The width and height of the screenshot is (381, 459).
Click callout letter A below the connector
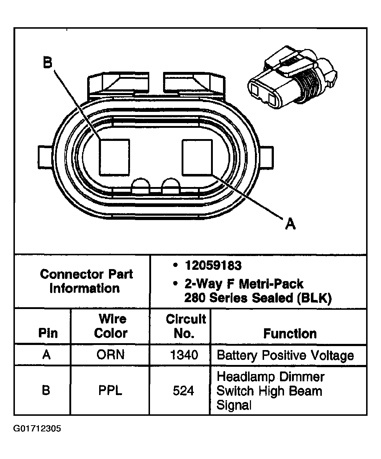[x=290, y=223]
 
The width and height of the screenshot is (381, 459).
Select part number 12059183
[x=213, y=266]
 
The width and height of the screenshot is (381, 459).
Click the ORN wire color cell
[x=110, y=355]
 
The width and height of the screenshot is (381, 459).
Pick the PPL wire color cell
[x=110, y=390]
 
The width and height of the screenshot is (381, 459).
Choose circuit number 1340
[x=184, y=355]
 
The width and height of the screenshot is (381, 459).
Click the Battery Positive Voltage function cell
[x=285, y=355]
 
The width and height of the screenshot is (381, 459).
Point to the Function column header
[x=290, y=333]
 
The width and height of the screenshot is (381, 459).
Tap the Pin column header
[x=48, y=333]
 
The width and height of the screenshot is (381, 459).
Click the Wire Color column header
[x=111, y=326]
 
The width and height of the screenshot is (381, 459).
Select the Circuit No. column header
[x=186, y=326]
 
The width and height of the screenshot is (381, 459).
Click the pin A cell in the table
[x=46, y=355]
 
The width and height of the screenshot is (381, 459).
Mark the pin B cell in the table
[x=46, y=390]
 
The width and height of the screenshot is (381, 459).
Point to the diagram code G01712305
[x=37, y=429]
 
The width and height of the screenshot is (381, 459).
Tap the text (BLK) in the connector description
[x=314, y=298]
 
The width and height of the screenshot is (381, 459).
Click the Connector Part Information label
[x=86, y=281]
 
